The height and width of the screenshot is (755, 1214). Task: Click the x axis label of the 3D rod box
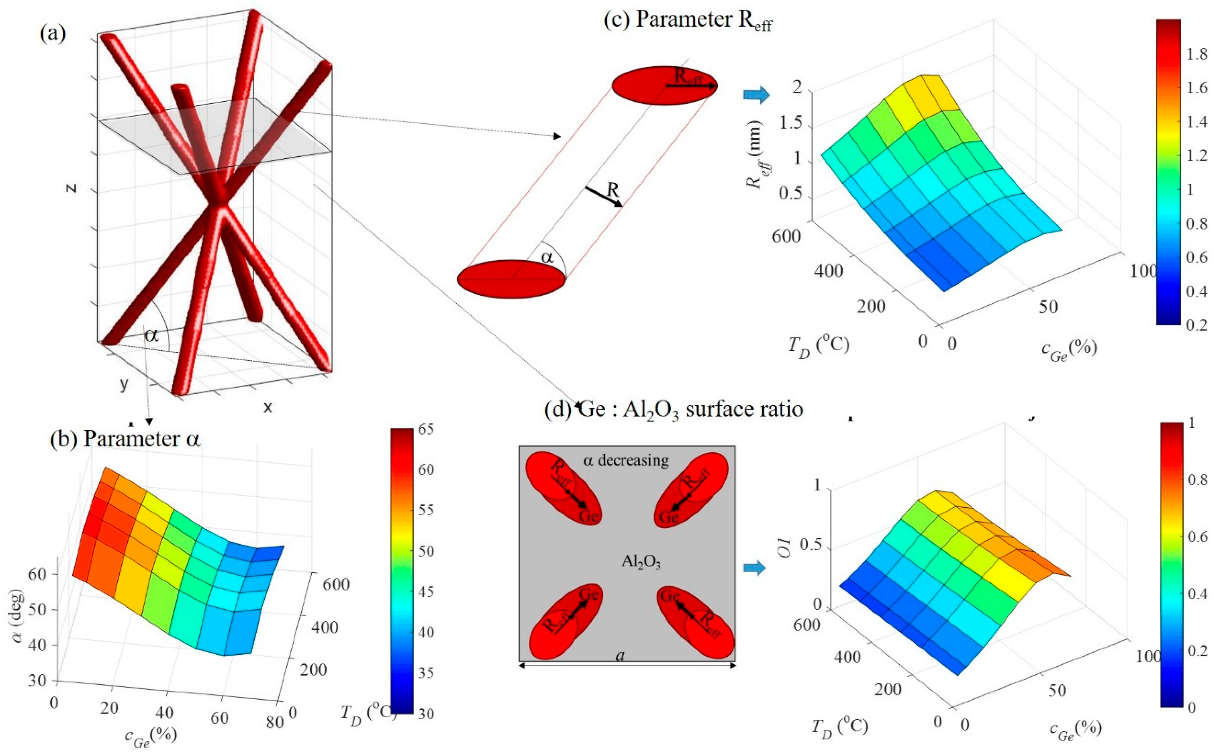(x=268, y=408)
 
